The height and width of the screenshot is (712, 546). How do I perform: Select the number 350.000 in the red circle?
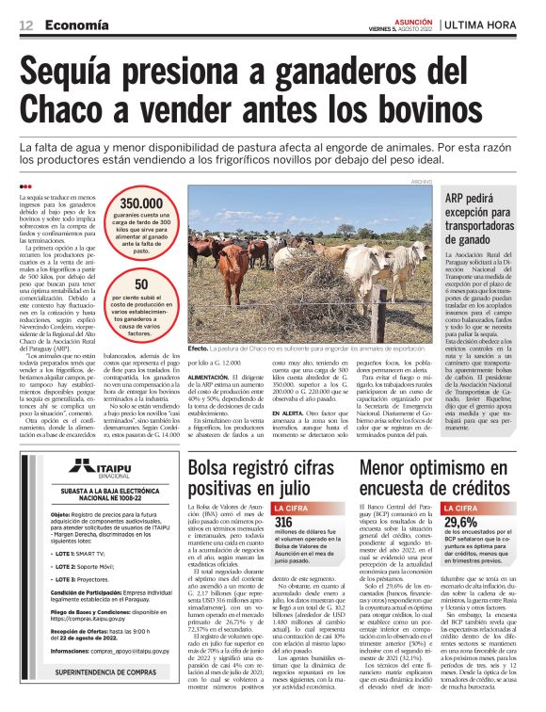point(141,202)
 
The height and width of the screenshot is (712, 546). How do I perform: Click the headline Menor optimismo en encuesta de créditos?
point(439,477)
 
